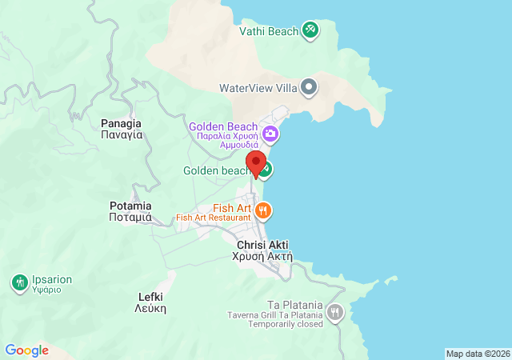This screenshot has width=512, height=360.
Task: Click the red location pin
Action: tap(256, 163)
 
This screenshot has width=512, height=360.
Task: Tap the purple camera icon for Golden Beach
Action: tap(271, 133)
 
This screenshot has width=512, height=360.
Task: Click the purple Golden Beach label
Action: tap(223, 127)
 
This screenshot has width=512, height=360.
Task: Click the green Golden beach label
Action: tap(217, 170)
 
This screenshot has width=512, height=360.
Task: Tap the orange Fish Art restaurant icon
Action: tap(264, 211)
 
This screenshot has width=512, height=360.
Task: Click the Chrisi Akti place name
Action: tap(263, 245)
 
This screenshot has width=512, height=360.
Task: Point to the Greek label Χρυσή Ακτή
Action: tap(263, 257)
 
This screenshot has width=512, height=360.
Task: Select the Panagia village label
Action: tap(122, 123)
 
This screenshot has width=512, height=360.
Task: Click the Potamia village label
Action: tap(130, 206)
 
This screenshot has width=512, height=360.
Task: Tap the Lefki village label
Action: tap(150, 296)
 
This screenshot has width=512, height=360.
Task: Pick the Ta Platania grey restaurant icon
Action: tap(334, 313)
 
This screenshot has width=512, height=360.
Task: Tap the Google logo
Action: tap(26, 350)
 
